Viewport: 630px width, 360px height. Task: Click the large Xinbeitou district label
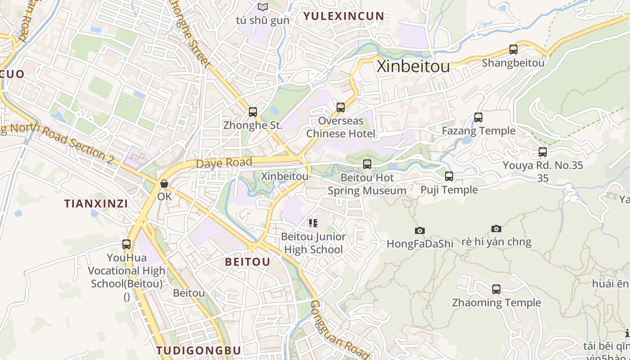pos(413,67)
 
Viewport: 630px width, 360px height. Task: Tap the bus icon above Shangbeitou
pos(513,49)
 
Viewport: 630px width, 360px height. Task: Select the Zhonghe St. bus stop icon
pos(253,112)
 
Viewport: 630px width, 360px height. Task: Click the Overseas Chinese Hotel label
pos(341,127)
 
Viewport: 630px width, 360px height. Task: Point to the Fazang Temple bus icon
pos(478,117)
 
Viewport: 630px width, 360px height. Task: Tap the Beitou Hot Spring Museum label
pos(367,184)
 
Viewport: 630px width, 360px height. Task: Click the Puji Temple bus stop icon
pos(449,176)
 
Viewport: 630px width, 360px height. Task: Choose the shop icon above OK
pos(164,184)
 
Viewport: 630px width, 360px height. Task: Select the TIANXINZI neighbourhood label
pos(96,204)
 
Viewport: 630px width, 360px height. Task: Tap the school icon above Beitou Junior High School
pos(313,223)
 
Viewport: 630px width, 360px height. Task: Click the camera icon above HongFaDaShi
pos(419,231)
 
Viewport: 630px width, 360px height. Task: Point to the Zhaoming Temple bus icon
pos(496,289)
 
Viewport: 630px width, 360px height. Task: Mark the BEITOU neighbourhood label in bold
pos(247,262)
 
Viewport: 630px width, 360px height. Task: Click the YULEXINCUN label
pos(344,16)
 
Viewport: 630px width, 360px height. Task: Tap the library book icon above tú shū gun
pos(263,7)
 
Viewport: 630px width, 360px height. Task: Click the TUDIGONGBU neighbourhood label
pos(198,350)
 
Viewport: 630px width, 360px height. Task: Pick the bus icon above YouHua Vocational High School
pos(126,244)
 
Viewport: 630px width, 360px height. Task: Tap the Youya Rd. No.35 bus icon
pos(543,152)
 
